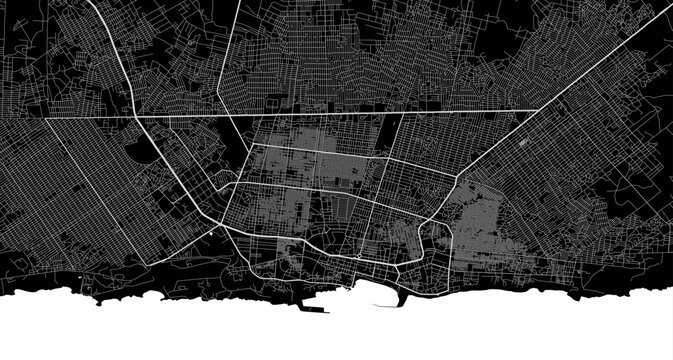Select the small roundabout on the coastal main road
[359, 257]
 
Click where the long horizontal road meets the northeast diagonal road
[540, 109]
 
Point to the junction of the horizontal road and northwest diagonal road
[133, 117]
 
